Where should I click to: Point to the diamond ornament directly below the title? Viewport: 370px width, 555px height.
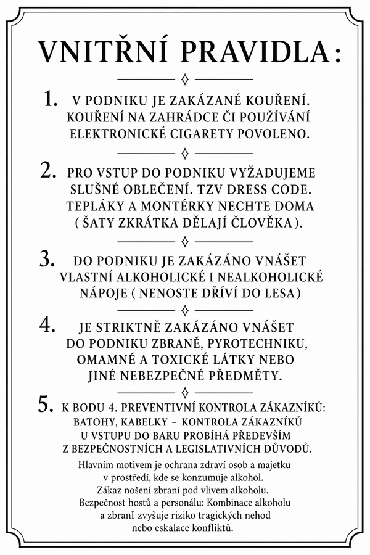[x=185, y=79]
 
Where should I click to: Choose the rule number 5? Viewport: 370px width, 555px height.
[x=47, y=405]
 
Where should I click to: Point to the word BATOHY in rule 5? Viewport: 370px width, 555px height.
[x=94, y=422]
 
